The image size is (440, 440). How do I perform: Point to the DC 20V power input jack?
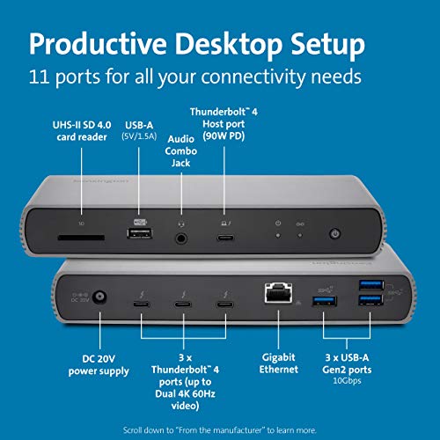coord(84,300)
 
